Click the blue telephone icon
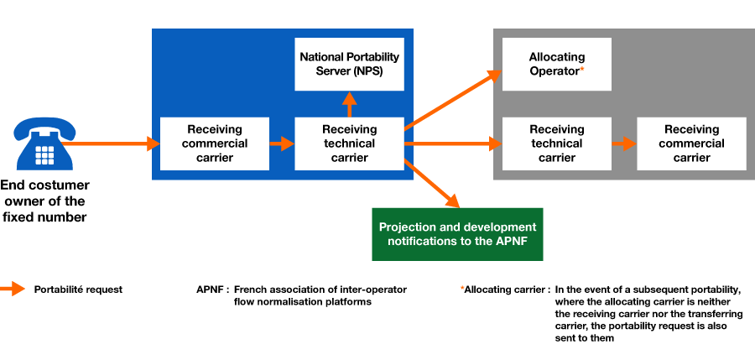point(44,143)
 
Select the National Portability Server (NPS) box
point(349,64)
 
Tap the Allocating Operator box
point(557,64)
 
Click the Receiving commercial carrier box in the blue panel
point(214,143)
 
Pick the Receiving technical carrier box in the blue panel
point(349,143)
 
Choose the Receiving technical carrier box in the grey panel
point(557,143)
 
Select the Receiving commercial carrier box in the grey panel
point(691,143)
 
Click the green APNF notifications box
point(457,234)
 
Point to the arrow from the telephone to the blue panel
point(111,143)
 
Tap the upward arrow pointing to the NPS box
point(349,104)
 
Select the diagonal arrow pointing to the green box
point(431,183)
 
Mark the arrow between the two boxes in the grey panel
point(624,143)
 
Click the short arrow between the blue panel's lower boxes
point(282,143)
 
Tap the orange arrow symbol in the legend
point(12,290)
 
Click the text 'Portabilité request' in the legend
point(78,290)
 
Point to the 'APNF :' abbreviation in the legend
point(212,290)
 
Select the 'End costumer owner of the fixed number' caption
point(44,201)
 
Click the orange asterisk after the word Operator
point(582,70)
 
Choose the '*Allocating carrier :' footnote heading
point(505,290)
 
